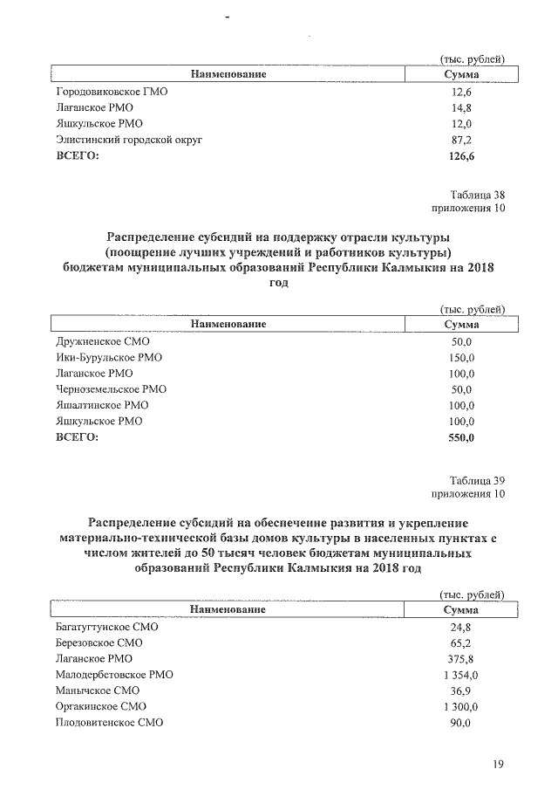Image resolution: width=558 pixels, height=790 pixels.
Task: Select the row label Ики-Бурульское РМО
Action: (x=108, y=358)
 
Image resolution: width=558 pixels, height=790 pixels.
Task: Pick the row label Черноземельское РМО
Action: (x=111, y=389)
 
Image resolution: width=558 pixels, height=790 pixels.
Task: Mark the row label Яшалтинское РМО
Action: (x=102, y=405)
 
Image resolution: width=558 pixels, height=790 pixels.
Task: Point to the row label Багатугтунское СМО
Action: (x=107, y=627)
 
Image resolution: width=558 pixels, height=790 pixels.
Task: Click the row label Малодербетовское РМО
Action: (x=114, y=675)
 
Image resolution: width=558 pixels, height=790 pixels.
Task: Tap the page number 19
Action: (x=498, y=766)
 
